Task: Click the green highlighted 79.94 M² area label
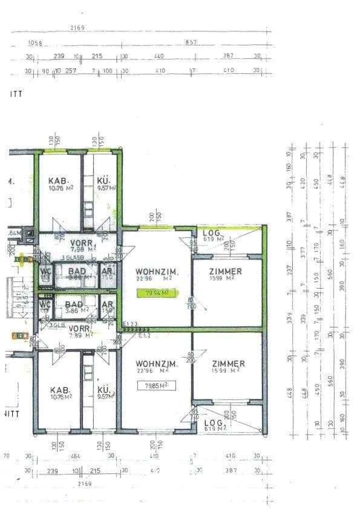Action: tap(152, 293)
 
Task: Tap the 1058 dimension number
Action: tap(36, 42)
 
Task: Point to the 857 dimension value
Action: tap(191, 42)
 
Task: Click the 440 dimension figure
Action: tap(160, 56)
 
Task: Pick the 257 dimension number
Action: tap(70, 71)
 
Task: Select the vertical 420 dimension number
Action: tap(304, 181)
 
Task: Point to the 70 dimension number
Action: tap(7, 456)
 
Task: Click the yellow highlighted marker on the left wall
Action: tap(23, 260)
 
